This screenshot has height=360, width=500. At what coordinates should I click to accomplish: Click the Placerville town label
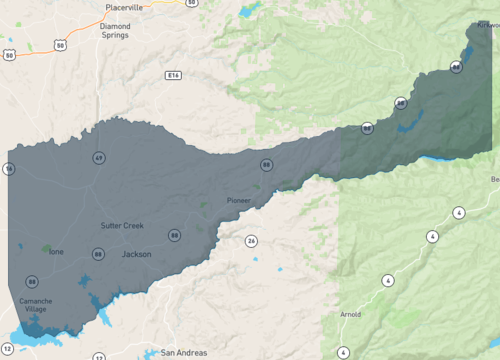coord(124,7)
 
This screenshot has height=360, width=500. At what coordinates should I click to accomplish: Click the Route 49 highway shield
coord(99,158)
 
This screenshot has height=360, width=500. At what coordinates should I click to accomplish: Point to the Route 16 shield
coord(8,169)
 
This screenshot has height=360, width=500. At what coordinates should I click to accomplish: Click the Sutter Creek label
coord(122,225)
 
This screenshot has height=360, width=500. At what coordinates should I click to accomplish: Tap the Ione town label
coord(56,251)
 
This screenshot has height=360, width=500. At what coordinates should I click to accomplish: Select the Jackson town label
coord(136,254)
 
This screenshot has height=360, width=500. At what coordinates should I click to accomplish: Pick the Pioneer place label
coord(239,200)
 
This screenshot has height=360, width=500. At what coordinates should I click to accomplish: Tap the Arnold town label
coord(350,314)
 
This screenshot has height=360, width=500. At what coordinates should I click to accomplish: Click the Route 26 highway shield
coord(251,240)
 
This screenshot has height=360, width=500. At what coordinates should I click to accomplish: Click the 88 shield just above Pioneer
coord(266,164)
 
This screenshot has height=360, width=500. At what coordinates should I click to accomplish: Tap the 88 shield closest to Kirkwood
coord(456,67)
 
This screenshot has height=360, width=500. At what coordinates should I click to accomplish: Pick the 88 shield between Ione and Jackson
coord(98,254)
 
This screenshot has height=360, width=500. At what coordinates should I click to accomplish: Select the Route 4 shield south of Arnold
coord(343,352)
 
